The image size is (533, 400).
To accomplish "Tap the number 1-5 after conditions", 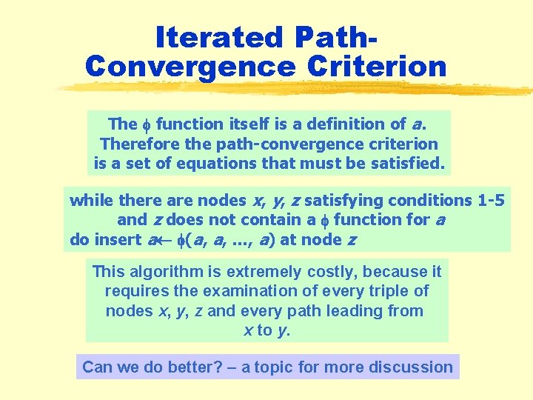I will (x=491, y=200).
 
